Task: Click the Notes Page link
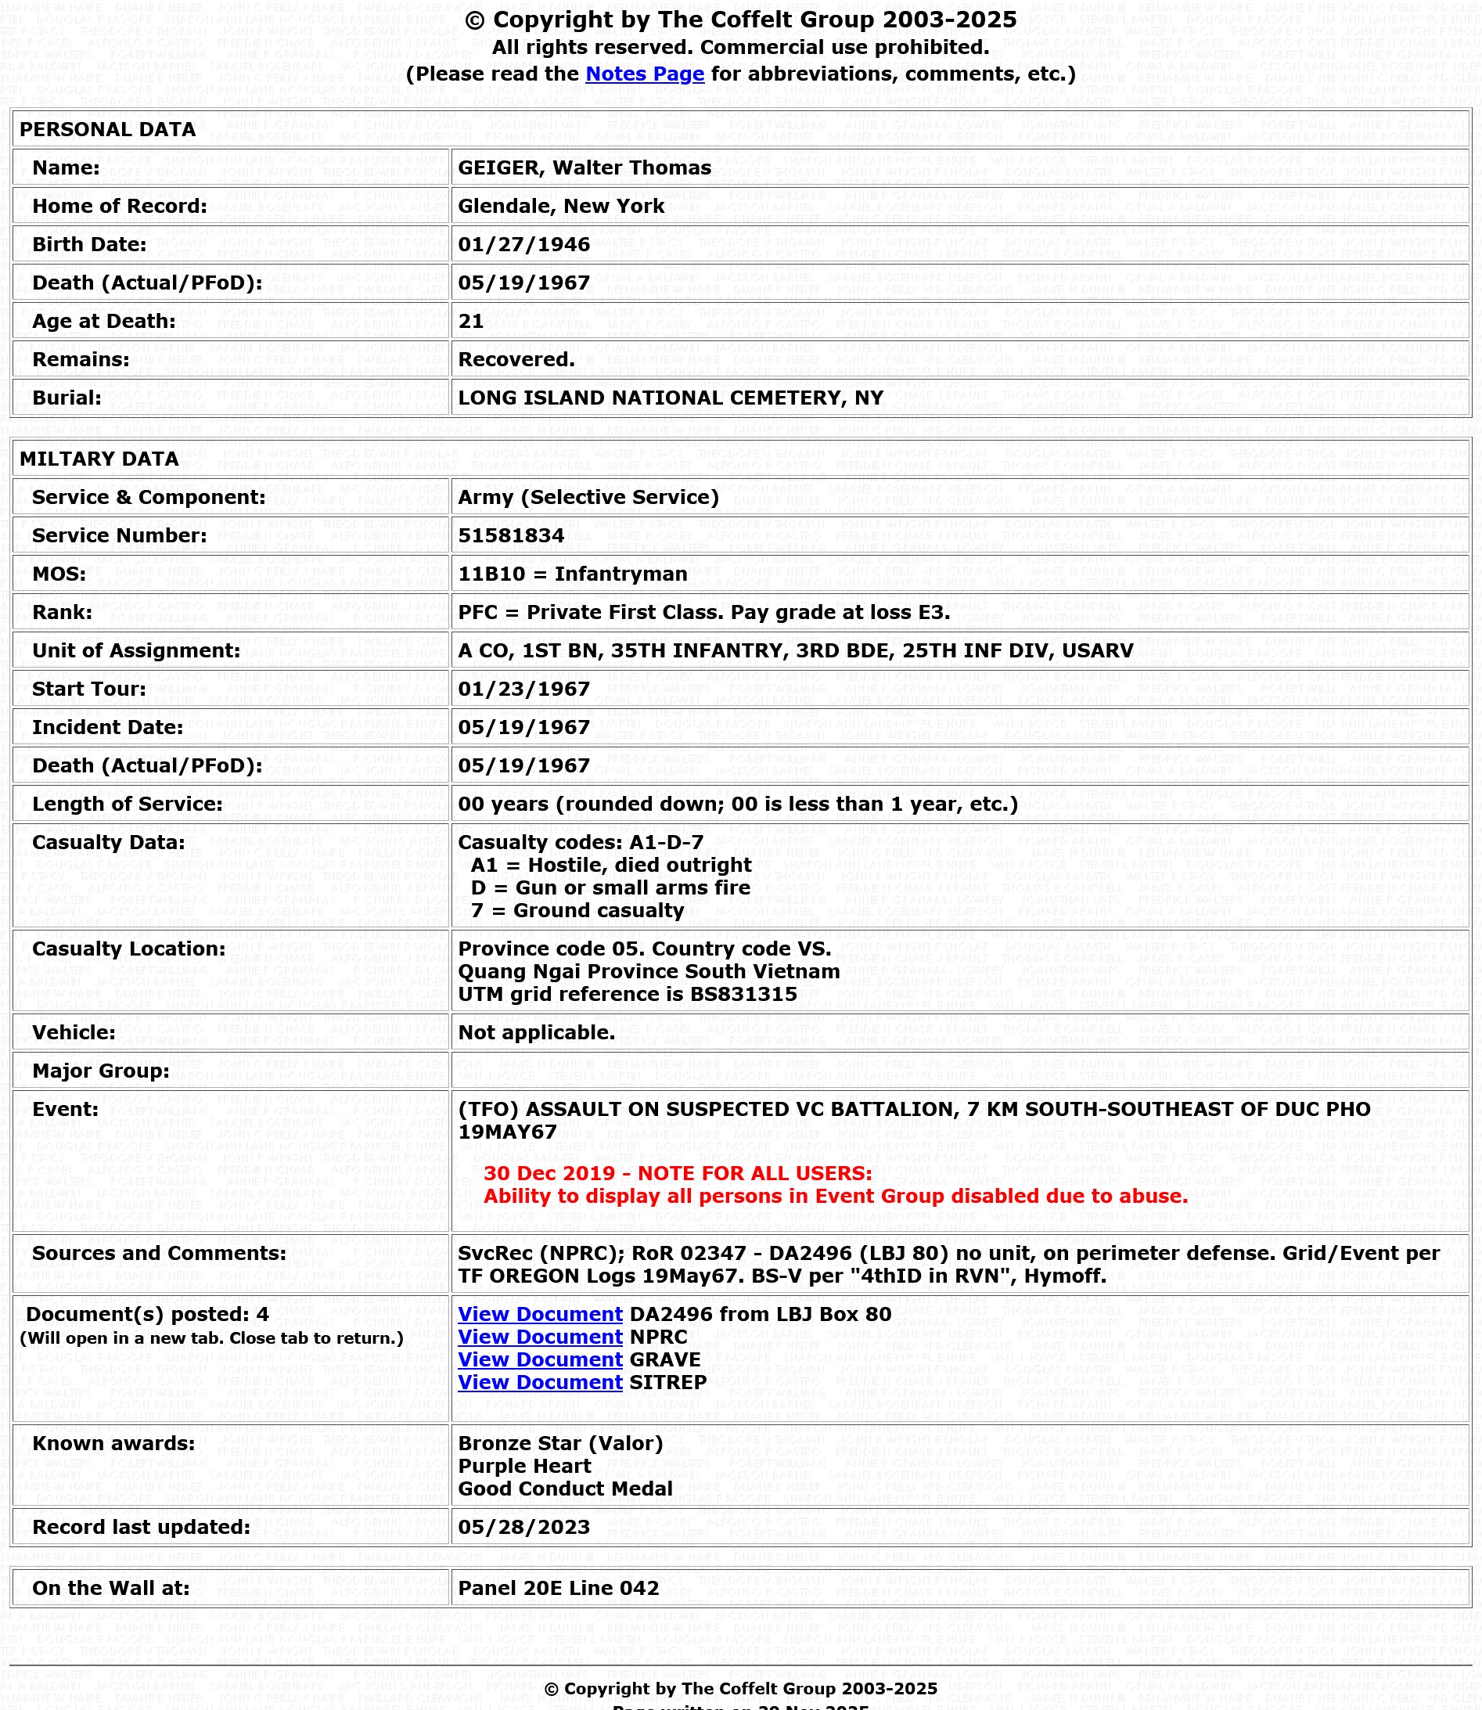pyautogui.click(x=644, y=74)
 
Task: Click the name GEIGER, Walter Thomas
pyautogui.click(x=584, y=168)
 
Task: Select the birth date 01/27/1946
pyautogui.click(x=523, y=245)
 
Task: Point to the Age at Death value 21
pyautogui.click(x=470, y=321)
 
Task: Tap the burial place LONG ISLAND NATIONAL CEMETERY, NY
pyautogui.click(x=670, y=398)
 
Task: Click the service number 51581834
pyautogui.click(x=510, y=536)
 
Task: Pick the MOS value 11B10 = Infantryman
pyautogui.click(x=572, y=574)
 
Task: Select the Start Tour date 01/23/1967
pyautogui.click(x=523, y=689)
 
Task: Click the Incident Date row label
pyautogui.click(x=107, y=727)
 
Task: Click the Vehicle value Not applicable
pyautogui.click(x=536, y=1032)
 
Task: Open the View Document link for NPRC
pyautogui.click(x=540, y=1337)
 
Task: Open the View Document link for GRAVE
pyautogui.click(x=540, y=1359)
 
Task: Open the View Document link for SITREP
pyautogui.click(x=540, y=1382)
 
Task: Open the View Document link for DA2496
pyautogui.click(x=540, y=1315)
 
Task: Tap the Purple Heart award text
pyautogui.click(x=524, y=1466)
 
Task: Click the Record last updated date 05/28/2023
pyautogui.click(x=523, y=1527)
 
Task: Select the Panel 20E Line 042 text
pyautogui.click(x=558, y=1589)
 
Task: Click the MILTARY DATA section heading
pyautogui.click(x=99, y=459)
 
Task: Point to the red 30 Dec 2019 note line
pyautogui.click(x=678, y=1173)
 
